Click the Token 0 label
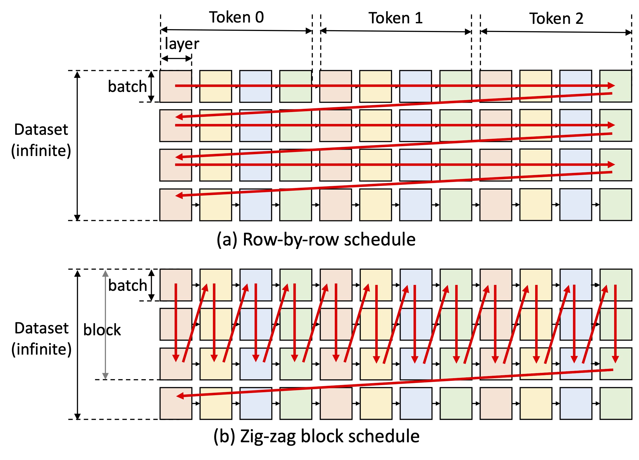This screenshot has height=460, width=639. pos(236,17)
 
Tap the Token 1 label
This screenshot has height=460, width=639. pos(396,18)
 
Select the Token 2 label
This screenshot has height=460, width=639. pos(556,19)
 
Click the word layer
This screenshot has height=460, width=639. pos(182,44)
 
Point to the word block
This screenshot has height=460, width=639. pos(102,330)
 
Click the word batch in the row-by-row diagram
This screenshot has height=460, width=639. pos(127,87)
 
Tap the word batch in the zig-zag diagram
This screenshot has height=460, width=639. pos(128,286)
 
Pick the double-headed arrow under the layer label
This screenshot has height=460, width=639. pos(176,59)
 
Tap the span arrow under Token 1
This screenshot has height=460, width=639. pos(396,31)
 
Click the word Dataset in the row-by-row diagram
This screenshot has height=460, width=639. pos(41,129)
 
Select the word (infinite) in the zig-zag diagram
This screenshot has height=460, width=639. pos(41,349)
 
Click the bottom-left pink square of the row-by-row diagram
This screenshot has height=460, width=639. pos(176,205)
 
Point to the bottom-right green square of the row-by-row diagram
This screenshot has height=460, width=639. pos(615,205)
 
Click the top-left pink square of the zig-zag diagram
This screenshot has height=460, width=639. pos(176,285)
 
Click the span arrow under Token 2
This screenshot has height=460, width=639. pos(556,32)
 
